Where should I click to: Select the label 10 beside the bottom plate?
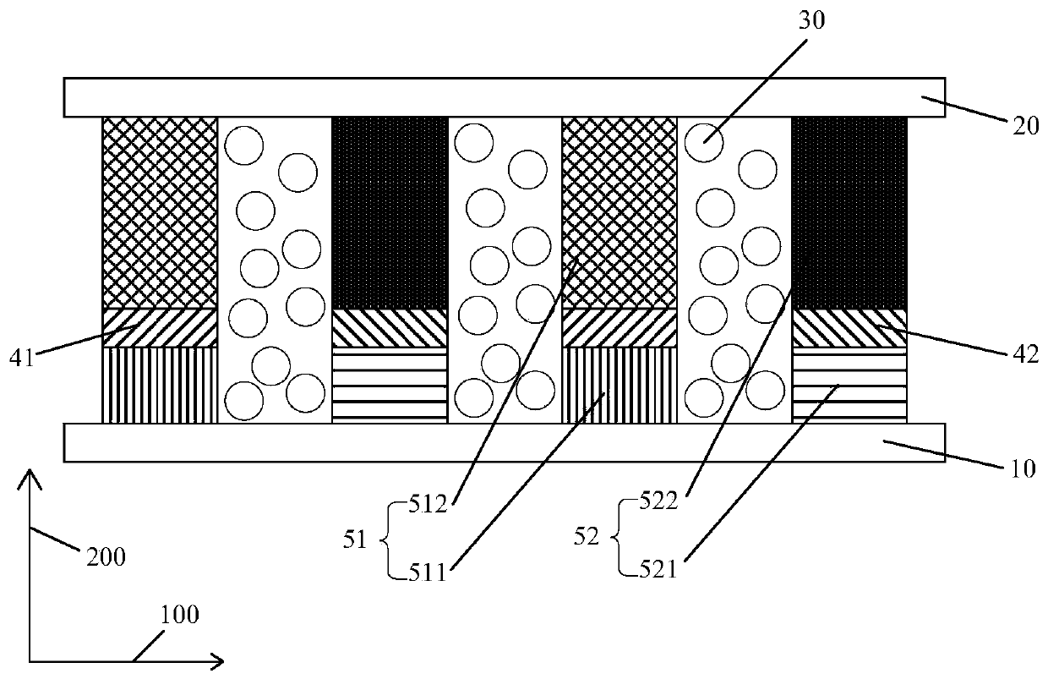[1023, 468]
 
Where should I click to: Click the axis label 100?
[177, 615]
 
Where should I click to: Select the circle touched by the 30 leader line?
[703, 144]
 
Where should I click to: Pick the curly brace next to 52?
[620, 539]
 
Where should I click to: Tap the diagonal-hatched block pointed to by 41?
[159, 327]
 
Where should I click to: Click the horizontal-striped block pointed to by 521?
[849, 385]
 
